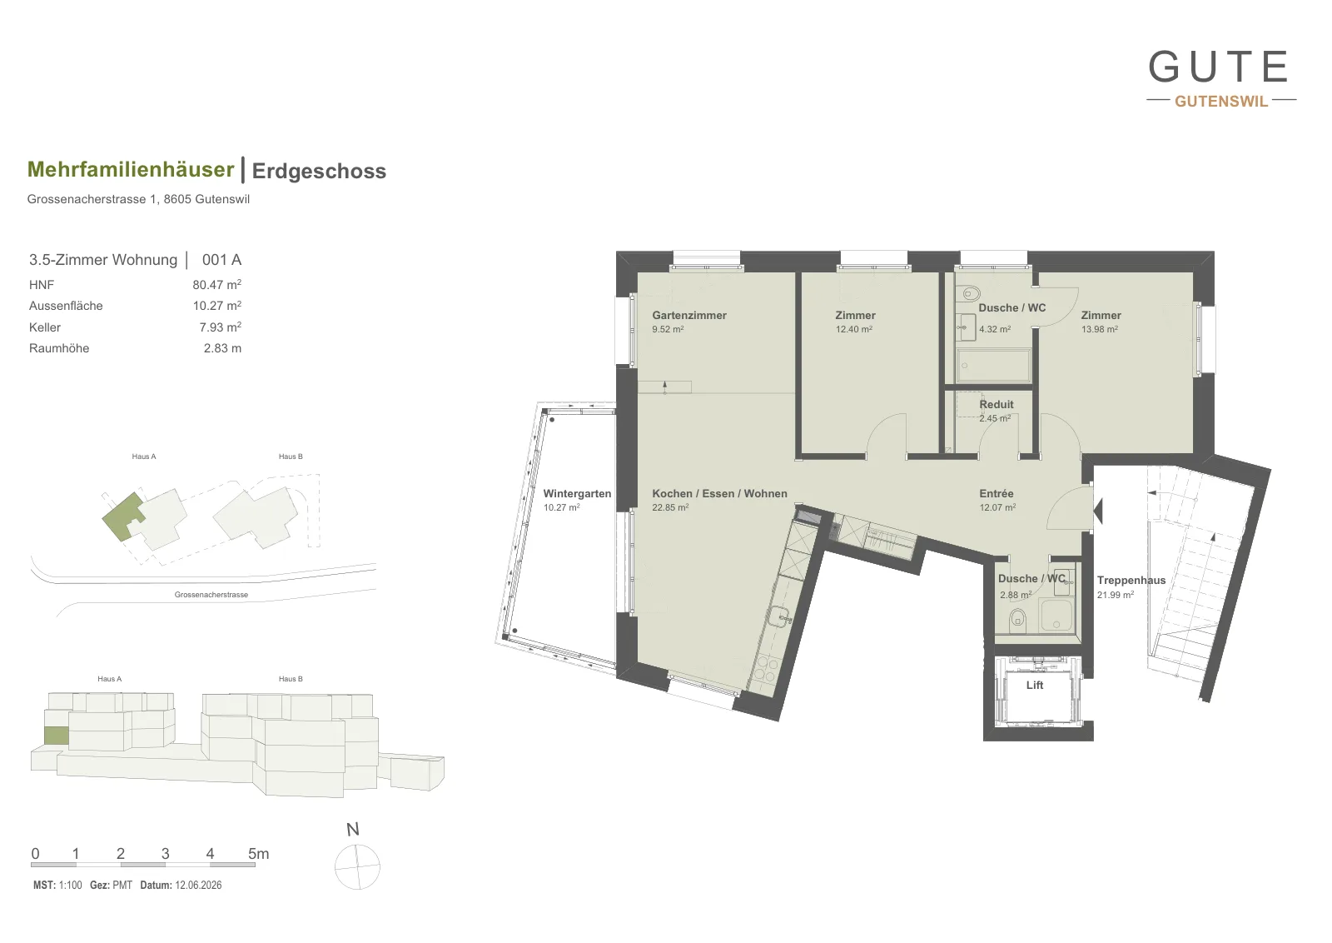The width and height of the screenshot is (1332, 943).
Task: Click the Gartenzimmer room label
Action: [x=689, y=316]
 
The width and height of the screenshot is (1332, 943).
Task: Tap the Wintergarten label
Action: [x=577, y=493]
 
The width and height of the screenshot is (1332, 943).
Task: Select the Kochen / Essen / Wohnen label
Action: [x=719, y=493]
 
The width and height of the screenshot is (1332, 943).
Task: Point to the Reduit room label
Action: [x=996, y=405]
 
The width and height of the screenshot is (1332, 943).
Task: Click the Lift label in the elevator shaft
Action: [x=1035, y=685]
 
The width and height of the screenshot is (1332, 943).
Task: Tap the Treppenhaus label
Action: [x=1131, y=580]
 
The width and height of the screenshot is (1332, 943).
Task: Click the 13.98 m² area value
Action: [x=1100, y=329]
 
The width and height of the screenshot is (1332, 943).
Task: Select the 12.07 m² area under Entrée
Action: [x=997, y=507]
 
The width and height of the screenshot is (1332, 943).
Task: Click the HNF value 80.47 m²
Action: [x=216, y=284]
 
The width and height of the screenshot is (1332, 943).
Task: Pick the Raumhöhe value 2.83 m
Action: [x=222, y=348]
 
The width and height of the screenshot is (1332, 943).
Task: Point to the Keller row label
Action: [x=45, y=327]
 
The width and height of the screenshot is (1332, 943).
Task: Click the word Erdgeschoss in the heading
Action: [x=319, y=171]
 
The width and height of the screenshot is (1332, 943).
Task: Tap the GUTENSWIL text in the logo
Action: [x=1221, y=101]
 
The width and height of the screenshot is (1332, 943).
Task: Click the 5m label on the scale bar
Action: [x=258, y=854]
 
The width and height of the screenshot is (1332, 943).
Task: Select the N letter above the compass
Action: [x=353, y=830]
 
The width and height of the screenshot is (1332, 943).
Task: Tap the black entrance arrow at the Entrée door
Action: [x=1098, y=511]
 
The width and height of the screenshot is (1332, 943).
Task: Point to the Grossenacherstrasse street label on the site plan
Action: [x=211, y=594]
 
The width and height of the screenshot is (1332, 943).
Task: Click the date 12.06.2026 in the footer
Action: [x=198, y=885]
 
